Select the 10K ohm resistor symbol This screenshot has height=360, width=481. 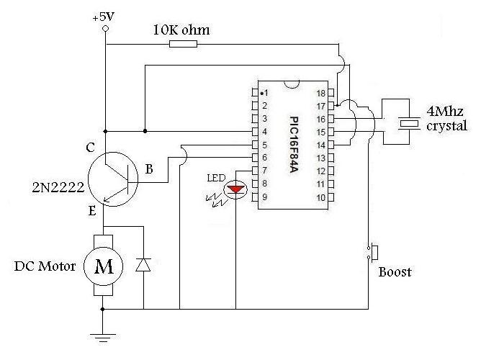click(x=182, y=45)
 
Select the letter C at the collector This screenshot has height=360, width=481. click(x=90, y=148)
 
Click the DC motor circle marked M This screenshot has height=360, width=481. click(x=104, y=267)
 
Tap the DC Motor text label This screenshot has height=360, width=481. click(x=45, y=266)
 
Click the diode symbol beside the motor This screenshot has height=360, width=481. click(x=143, y=264)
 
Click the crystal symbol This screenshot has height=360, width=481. click(x=409, y=124)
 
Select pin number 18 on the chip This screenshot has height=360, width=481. click(x=321, y=94)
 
